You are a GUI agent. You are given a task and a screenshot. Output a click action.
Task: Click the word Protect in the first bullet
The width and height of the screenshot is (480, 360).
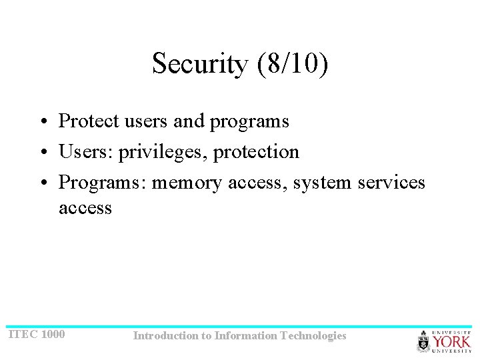(x=86, y=121)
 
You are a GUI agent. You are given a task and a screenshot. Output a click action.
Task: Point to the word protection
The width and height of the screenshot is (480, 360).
(x=257, y=152)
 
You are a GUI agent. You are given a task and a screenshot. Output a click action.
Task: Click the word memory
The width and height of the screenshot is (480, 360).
(x=187, y=183)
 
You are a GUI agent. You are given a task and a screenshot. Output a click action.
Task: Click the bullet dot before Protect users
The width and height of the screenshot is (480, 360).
(x=42, y=122)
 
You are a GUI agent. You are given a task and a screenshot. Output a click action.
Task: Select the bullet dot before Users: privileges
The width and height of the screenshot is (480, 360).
(x=42, y=153)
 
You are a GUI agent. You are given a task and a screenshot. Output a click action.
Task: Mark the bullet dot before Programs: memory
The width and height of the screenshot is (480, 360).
(x=42, y=183)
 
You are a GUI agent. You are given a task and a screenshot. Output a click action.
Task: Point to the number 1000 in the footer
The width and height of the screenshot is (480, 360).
(x=53, y=334)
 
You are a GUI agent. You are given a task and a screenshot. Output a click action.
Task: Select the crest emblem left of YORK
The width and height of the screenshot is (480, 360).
(x=423, y=341)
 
